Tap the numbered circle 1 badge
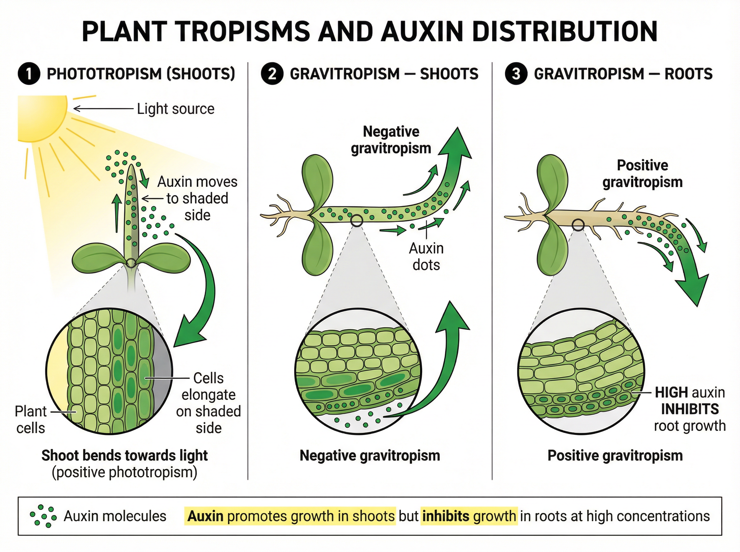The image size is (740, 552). (29, 74)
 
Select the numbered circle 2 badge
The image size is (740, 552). (272, 74)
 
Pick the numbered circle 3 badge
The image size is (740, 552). (516, 74)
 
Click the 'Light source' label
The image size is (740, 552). (175, 109)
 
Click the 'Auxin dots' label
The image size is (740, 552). (426, 257)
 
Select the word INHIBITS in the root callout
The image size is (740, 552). (690, 409)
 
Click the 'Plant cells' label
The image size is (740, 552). (31, 420)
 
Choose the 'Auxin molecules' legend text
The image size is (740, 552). (115, 516)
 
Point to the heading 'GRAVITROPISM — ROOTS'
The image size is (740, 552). (623, 74)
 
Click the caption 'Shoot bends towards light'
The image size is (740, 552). (124, 456)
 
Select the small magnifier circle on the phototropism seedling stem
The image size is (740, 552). (131, 263)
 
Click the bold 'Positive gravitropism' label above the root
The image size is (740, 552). (642, 174)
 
